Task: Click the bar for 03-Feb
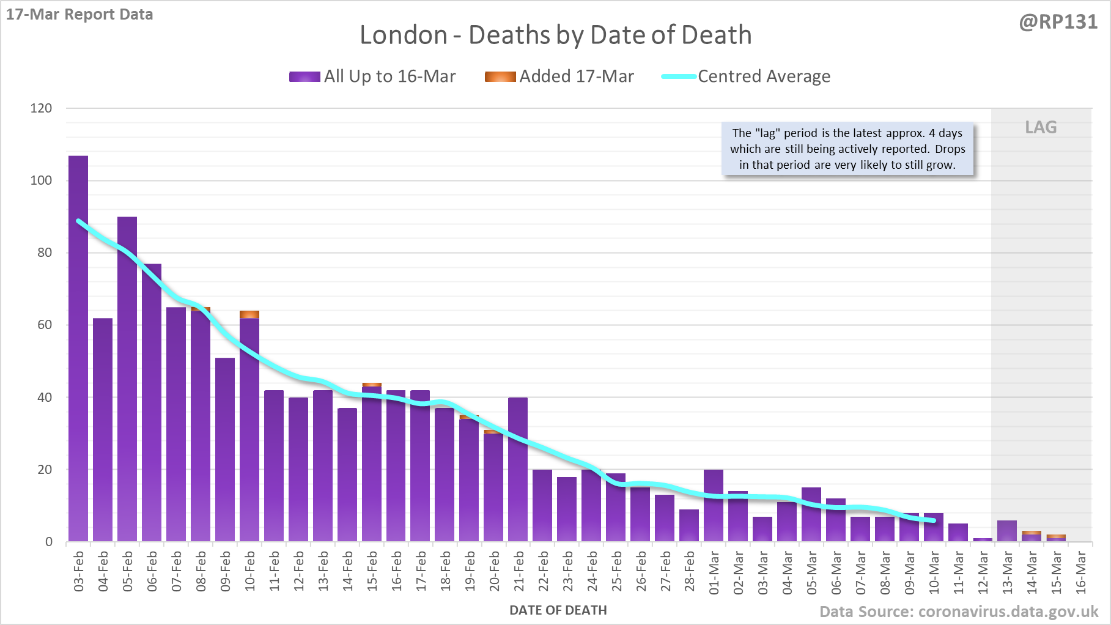[78, 349]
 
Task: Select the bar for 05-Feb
[127, 379]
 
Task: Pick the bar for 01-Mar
[714, 506]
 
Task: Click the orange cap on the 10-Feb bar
[249, 314]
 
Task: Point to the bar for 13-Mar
[1006, 531]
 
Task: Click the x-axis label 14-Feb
[347, 571]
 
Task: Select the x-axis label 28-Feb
[689, 571]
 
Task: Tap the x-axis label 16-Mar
[1080, 571]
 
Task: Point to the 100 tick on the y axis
[41, 180]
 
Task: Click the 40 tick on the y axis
[45, 398]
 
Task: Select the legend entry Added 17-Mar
[559, 76]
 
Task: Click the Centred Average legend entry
[746, 76]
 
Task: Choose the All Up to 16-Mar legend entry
[372, 76]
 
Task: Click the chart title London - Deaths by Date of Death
[555, 35]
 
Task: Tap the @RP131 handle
[1058, 22]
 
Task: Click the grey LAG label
[1041, 127]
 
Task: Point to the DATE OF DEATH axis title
[558, 610]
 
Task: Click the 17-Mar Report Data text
[79, 14]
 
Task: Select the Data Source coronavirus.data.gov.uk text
[959, 612]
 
